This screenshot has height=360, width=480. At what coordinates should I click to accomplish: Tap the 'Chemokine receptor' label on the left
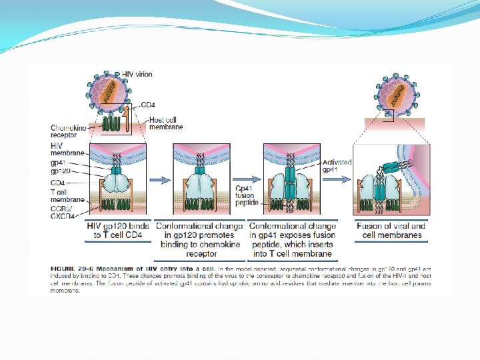68,131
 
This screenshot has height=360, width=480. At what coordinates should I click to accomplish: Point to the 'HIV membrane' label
67,149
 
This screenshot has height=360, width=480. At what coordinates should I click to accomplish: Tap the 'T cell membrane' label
67,195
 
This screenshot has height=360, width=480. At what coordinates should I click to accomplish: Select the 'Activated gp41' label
337,166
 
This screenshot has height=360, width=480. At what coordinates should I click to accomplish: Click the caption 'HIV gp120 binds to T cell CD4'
117,231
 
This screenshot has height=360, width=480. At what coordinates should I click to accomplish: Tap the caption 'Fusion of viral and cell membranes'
390,231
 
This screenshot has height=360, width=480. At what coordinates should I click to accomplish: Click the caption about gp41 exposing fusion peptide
292,239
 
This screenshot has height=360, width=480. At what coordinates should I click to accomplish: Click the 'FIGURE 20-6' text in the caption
71,267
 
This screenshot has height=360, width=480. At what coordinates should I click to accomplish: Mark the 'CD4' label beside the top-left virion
149,105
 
